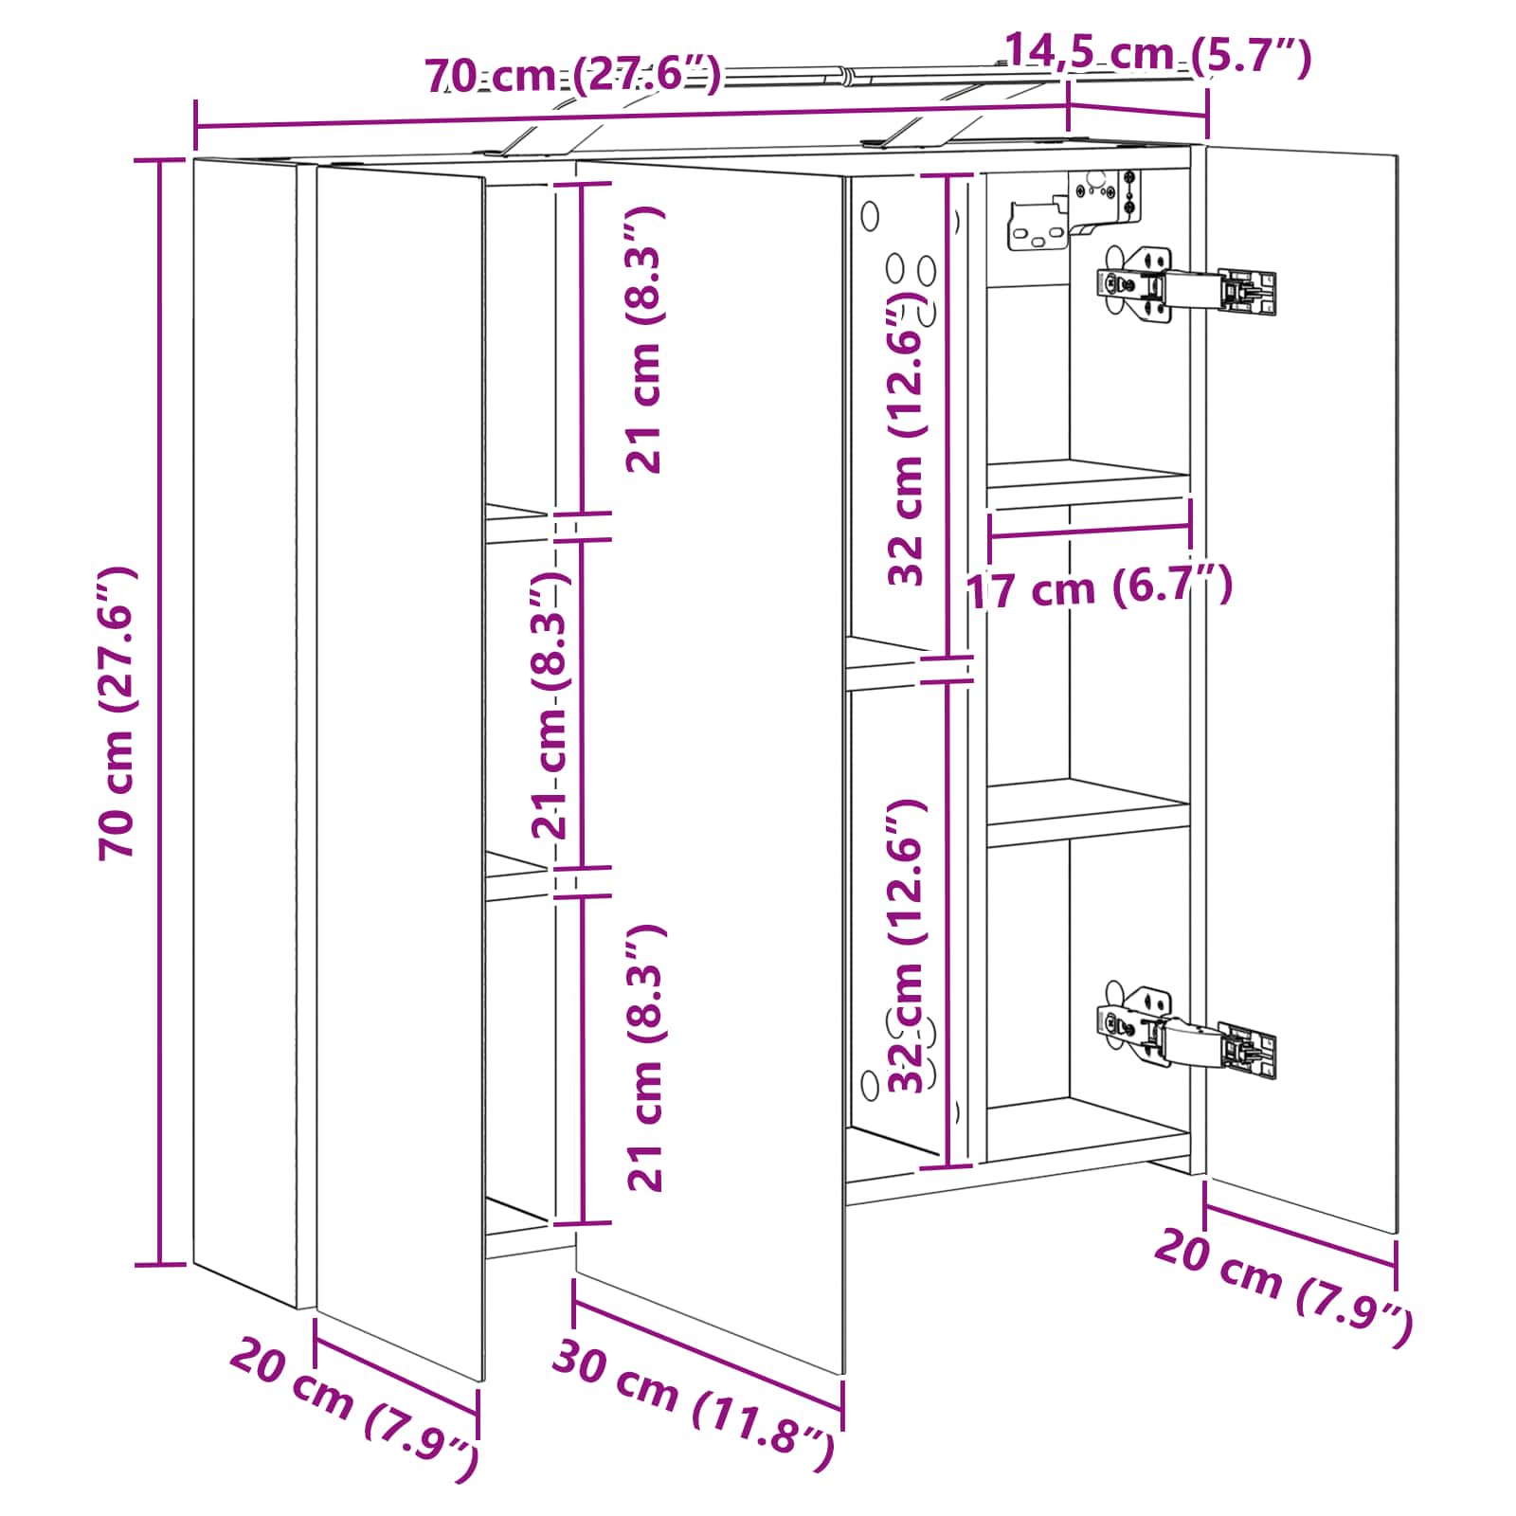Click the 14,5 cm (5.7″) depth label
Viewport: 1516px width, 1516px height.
point(1158,55)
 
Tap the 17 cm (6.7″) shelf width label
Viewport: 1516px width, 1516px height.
point(1099,588)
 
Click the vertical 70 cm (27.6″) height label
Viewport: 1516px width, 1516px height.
point(119,713)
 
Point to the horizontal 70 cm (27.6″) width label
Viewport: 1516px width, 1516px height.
point(573,74)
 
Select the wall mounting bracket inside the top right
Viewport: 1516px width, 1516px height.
point(1075,210)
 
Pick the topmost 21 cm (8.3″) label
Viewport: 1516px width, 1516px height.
point(645,340)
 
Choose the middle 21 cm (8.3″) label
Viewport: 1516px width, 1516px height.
point(550,706)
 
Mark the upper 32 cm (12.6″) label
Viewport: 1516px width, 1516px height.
point(907,438)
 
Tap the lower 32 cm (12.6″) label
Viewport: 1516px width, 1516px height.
point(907,946)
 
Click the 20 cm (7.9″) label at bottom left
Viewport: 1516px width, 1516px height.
point(354,1407)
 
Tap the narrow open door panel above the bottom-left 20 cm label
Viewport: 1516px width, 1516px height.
point(400,772)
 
